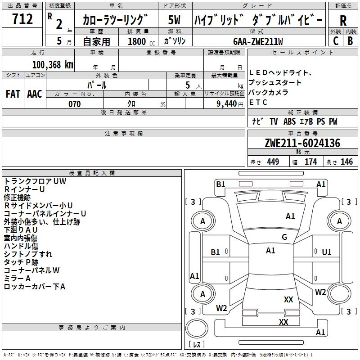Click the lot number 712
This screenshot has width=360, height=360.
[x=22, y=19]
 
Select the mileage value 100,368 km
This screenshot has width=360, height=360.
[x=53, y=65]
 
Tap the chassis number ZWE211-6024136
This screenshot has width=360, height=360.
[x=302, y=143]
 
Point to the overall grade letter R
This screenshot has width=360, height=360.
[x=343, y=21]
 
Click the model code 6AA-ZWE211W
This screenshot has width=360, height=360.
[x=258, y=41]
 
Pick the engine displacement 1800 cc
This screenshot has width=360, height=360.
[x=141, y=41]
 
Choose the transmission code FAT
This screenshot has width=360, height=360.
[x=13, y=94]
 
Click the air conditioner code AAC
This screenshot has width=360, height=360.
[x=35, y=94]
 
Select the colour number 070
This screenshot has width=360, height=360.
[x=75, y=104]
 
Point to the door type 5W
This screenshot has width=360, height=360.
[x=174, y=20]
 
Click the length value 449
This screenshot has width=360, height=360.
[x=273, y=162]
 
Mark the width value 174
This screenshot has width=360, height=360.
[x=310, y=162]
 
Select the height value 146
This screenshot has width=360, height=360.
[x=346, y=162]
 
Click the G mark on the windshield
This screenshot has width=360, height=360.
[x=284, y=237]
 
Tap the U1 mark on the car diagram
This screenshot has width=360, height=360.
[x=327, y=252]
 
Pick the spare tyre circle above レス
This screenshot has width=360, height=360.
[x=197, y=329]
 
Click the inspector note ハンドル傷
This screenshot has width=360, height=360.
[x=21, y=246]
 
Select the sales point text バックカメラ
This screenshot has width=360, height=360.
[x=268, y=92]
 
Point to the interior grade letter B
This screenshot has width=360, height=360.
[x=350, y=41]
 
